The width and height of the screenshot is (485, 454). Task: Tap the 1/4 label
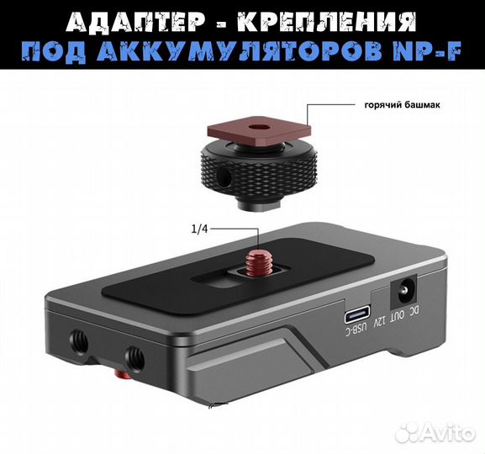pyautogui.click(x=201, y=228)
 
